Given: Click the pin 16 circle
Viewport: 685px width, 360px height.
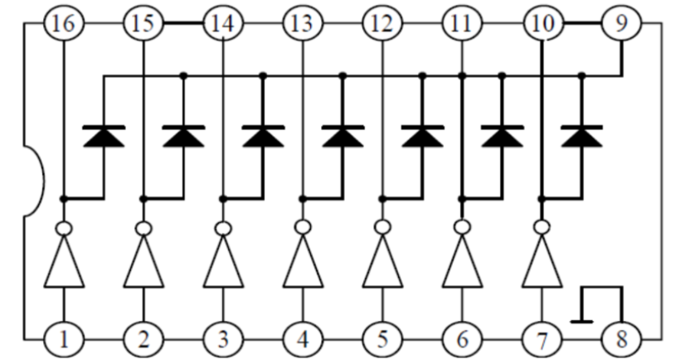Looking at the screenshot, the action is click(64, 23).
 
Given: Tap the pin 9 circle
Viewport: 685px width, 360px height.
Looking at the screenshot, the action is click(622, 23).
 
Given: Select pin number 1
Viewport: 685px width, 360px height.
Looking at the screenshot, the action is click(64, 339).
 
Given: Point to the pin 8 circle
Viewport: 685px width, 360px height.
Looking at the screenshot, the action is click(622, 339).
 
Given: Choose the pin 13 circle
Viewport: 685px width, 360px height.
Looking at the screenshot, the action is click(304, 23).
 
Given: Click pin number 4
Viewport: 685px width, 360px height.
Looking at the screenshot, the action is click(304, 339).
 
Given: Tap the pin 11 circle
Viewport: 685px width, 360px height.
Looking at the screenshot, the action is click(462, 23).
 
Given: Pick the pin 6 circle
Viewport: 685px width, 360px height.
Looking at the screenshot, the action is click(462, 339).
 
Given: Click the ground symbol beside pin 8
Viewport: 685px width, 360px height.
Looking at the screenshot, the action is click(582, 322).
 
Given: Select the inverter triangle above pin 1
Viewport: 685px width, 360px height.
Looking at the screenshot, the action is click(64, 261).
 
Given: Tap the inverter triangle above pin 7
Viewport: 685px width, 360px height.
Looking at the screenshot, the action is click(542, 261).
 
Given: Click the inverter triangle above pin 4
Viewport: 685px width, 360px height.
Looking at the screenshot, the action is click(304, 261).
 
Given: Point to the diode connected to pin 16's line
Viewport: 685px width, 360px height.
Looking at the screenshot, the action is click(104, 136).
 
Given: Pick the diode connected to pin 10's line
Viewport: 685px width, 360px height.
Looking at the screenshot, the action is click(581, 136).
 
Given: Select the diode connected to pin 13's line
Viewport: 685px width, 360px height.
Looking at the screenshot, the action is click(343, 136).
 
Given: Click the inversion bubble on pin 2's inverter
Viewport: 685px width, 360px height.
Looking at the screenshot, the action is click(143, 228).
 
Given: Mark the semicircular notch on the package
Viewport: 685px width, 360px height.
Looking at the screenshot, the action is click(34, 181).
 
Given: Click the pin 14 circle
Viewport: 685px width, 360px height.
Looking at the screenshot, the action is click(224, 23).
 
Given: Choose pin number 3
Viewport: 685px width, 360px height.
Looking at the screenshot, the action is click(224, 339).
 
